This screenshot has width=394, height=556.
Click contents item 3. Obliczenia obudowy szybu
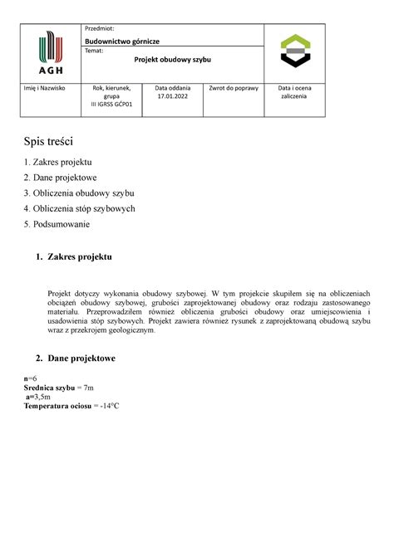point(79,193)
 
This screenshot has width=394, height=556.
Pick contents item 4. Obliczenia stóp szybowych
point(79,208)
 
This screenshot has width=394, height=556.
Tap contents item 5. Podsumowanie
point(57,224)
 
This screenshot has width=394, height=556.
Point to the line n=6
point(32,378)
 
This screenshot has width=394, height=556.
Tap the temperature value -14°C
point(106,407)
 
